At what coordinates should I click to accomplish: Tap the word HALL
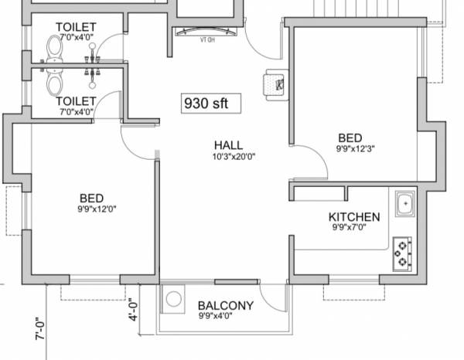229,145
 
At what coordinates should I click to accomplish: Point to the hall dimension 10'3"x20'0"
230,157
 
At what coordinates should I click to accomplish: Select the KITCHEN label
354,217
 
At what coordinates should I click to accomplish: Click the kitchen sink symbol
404,205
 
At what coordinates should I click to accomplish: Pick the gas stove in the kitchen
402,253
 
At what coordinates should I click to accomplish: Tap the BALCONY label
225,306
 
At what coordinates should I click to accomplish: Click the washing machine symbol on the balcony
174,298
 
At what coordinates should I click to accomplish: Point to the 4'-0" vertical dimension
132,309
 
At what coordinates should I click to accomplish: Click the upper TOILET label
76,27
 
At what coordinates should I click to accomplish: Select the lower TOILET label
76,101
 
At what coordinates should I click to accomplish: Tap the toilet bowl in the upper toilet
54,50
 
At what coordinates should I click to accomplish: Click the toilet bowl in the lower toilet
54,82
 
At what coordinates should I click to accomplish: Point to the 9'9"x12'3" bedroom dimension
357,148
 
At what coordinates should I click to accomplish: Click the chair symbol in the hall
276,83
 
